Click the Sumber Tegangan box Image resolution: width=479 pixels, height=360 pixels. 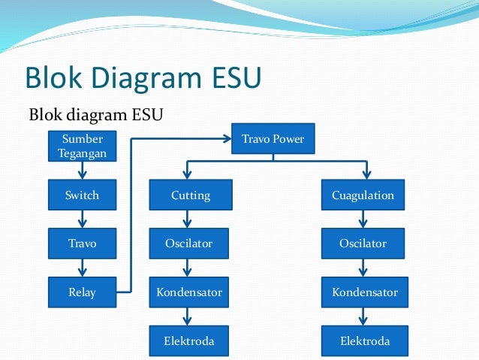pyautogui.click(x=82, y=146)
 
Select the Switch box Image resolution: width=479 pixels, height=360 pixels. pyautogui.click(x=82, y=195)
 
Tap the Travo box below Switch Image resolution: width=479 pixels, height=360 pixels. pyautogui.click(x=82, y=244)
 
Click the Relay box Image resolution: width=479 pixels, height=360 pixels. pyautogui.click(x=82, y=292)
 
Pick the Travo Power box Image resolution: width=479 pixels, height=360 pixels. pyautogui.click(x=273, y=138)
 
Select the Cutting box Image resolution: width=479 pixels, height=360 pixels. pyautogui.click(x=190, y=195)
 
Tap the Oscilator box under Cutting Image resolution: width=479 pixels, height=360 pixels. pyautogui.click(x=190, y=244)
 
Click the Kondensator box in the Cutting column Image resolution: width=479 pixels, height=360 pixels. pyautogui.click(x=190, y=292)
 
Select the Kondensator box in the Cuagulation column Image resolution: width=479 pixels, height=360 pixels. pyautogui.click(x=364, y=292)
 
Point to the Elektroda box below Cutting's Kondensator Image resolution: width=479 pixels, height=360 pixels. pyautogui.click(x=190, y=341)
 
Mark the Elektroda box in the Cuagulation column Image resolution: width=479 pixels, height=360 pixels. pyautogui.click(x=364, y=341)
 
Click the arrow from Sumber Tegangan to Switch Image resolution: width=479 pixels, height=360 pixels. pyautogui.click(x=82, y=171)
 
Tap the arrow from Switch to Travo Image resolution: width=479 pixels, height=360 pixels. pyautogui.click(x=82, y=219)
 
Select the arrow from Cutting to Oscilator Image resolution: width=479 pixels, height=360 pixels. pyautogui.click(x=188, y=219)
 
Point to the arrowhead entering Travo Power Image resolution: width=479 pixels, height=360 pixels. pyautogui.click(x=228, y=138)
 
